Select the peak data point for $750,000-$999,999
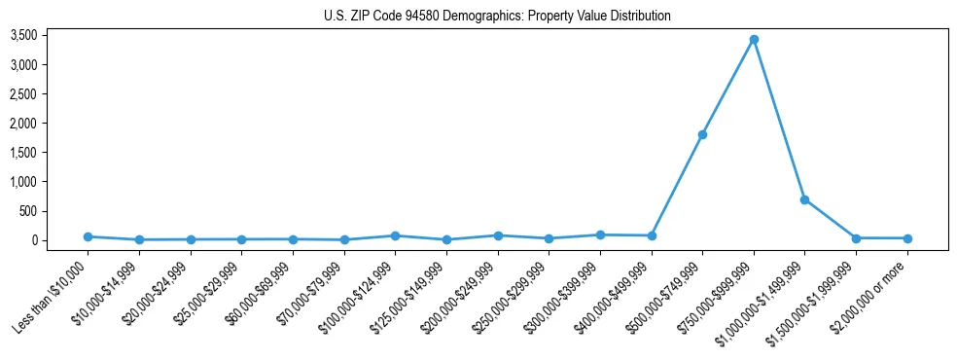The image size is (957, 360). click(x=754, y=40)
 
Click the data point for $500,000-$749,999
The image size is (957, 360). click(x=702, y=134)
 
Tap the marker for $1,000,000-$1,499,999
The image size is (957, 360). click(x=804, y=199)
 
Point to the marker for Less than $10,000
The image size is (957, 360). click(x=88, y=236)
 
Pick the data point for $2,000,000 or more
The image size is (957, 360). click(x=907, y=238)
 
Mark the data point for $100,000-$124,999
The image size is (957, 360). click(x=395, y=235)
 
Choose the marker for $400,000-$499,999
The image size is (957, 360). click(x=652, y=235)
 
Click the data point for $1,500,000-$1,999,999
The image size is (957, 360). click(x=856, y=238)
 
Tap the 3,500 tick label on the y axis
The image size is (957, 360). click(x=51, y=36)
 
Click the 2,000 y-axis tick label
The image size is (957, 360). click(x=51, y=124)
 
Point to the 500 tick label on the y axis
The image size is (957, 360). click(x=54, y=211)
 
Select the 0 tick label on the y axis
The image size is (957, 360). click(x=60, y=240)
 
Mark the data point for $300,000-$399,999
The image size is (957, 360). click(x=600, y=234)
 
